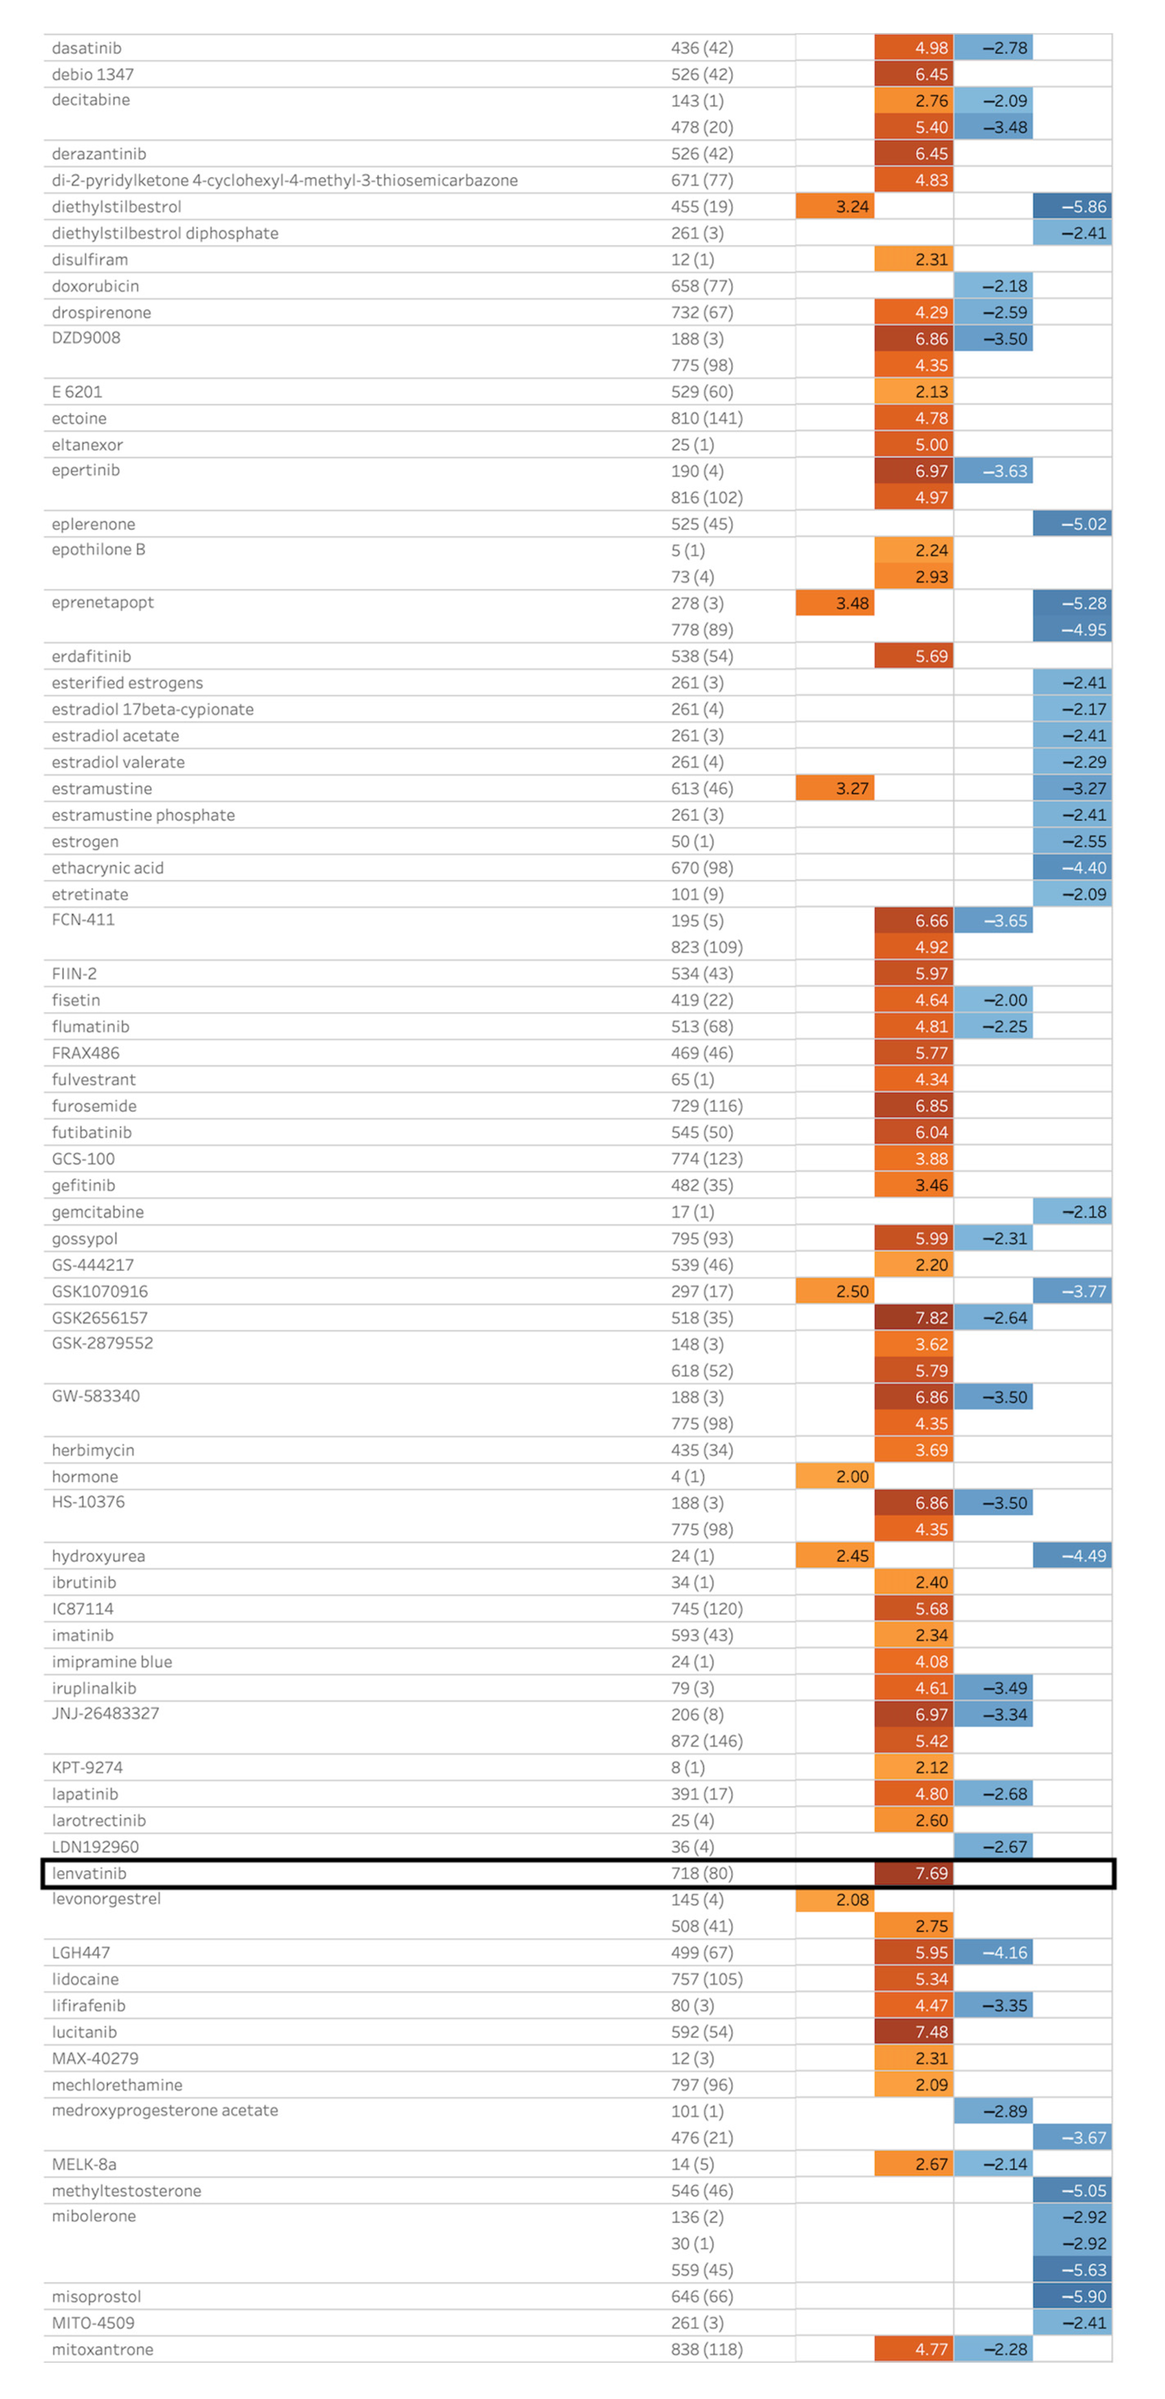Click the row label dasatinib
coord(87,48)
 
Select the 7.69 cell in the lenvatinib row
coord(913,1873)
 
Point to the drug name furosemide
coord(94,1105)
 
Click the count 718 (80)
coord(701,1873)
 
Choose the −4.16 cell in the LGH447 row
coord(993,1952)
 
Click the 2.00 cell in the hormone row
coord(835,1476)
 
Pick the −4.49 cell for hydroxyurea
coord(1072,1555)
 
